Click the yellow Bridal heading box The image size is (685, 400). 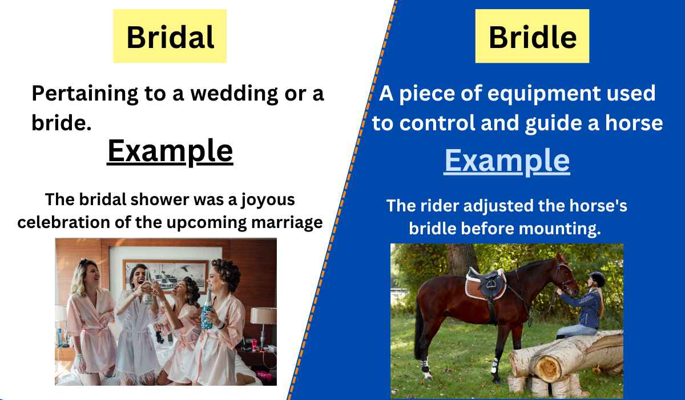click(170, 36)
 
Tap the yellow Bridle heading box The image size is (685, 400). click(532, 36)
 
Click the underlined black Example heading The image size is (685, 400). click(170, 151)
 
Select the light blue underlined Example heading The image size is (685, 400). click(507, 161)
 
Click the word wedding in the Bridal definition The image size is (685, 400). click(234, 94)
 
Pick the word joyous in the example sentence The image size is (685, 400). click(268, 201)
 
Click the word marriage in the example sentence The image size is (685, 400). click(287, 223)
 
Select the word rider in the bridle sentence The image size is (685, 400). click(440, 205)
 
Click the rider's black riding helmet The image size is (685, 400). click(598, 278)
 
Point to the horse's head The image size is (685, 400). click(567, 274)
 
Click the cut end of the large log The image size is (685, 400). click(548, 369)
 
